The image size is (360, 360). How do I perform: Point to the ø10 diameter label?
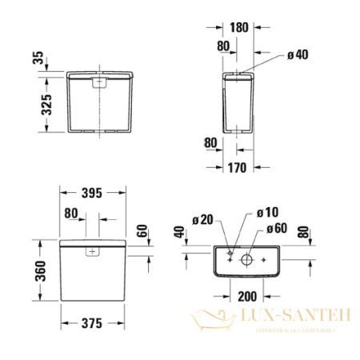coord(266,214)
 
